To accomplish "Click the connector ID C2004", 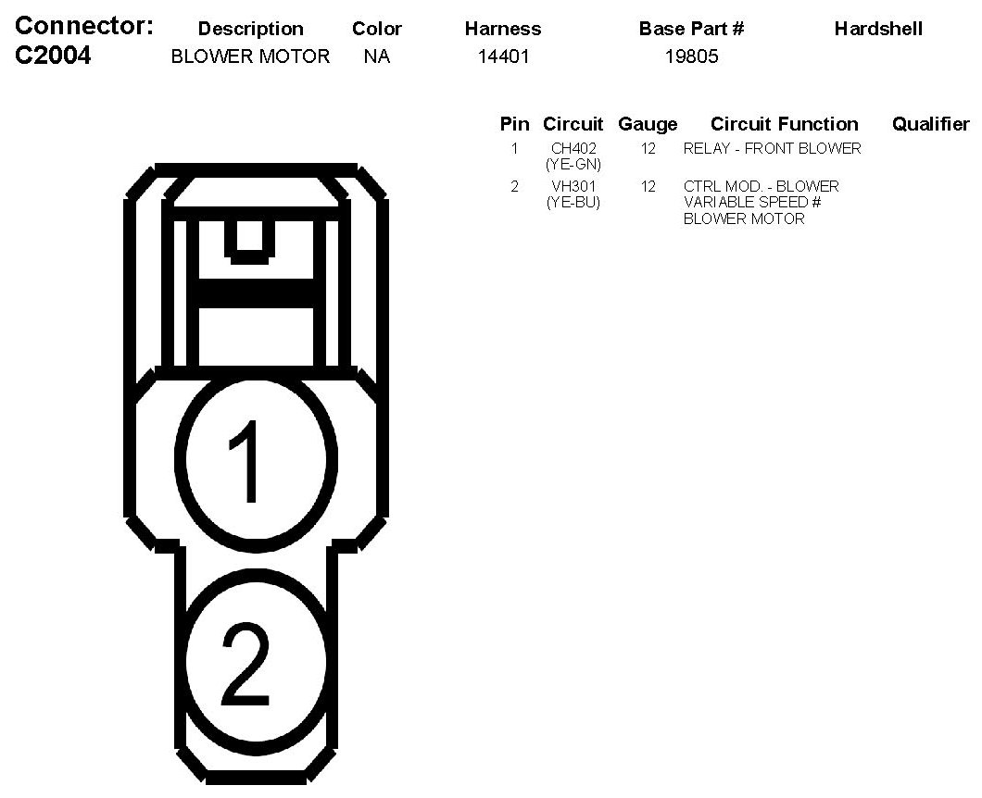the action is click(x=53, y=56).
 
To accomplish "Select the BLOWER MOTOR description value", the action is click(x=250, y=56).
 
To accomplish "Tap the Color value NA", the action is click(x=377, y=56).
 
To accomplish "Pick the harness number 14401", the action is click(x=503, y=56).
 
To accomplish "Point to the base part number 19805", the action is click(x=691, y=56).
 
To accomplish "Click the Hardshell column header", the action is click(x=878, y=29).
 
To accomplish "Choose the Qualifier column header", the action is click(x=931, y=124).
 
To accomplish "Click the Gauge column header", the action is click(x=648, y=125).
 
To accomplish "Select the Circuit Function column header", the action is click(x=784, y=124).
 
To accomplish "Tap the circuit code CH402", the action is click(x=573, y=148).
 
